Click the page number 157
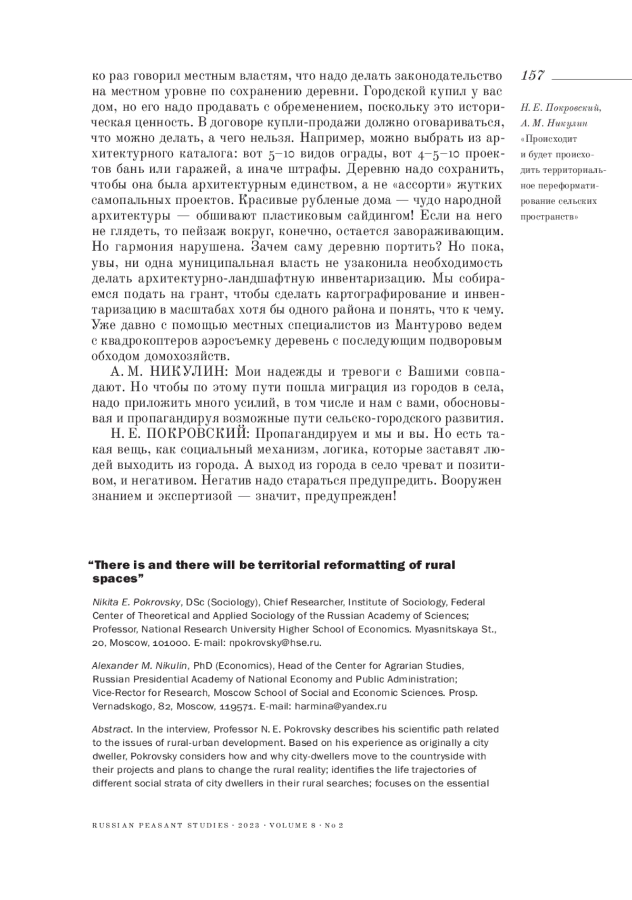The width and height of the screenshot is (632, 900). click(532, 75)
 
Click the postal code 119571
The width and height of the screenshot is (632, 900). click(236, 706)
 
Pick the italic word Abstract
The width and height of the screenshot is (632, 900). click(112, 729)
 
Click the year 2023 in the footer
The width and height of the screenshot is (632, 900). click(249, 826)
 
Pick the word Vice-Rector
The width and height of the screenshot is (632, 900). click(116, 693)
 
